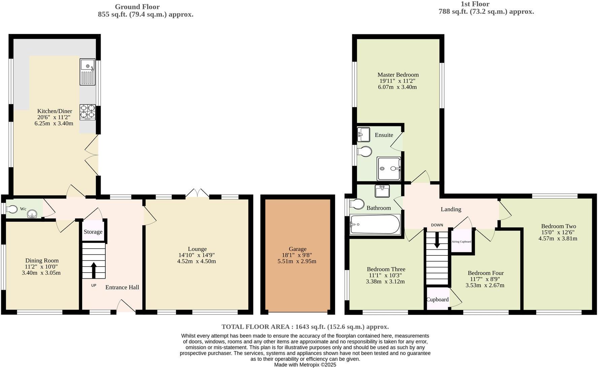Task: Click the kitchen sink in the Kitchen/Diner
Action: (x=88, y=72)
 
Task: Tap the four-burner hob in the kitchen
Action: (x=87, y=112)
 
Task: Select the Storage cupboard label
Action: (x=93, y=232)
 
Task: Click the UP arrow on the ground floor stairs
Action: (x=94, y=270)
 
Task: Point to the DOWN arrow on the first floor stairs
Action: (x=437, y=241)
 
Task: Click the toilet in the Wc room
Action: (x=12, y=209)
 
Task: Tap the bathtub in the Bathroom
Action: (x=375, y=224)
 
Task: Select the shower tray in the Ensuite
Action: (x=389, y=168)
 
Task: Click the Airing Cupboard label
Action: (x=461, y=242)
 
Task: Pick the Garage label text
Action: (x=297, y=249)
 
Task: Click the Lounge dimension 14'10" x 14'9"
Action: (x=197, y=255)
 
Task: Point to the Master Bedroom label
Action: (x=398, y=75)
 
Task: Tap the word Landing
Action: (x=451, y=209)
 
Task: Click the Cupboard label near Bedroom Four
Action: (x=437, y=300)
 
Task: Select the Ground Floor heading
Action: (x=137, y=7)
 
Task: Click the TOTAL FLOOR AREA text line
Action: (x=305, y=327)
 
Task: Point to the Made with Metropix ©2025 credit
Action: (x=305, y=365)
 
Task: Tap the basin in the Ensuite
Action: (x=364, y=134)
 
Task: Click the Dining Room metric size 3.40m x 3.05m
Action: (x=41, y=273)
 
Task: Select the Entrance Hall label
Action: (x=122, y=287)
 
